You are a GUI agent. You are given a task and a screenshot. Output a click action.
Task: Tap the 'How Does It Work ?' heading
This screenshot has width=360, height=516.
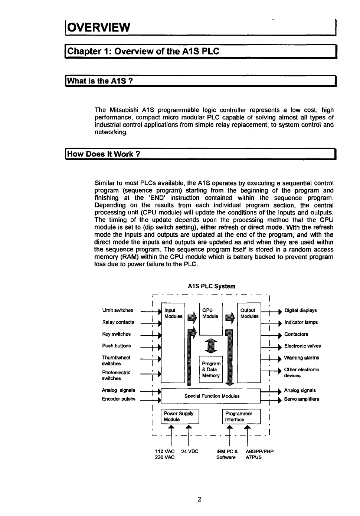pyautogui.click(x=104, y=154)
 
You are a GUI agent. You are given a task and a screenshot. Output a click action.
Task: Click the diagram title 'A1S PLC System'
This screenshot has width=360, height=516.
pyautogui.click(x=212, y=286)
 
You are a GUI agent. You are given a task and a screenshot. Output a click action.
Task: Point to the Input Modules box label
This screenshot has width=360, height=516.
pyautogui.click(x=173, y=313)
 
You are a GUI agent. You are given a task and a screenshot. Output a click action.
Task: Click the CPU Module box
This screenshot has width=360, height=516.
pyautogui.click(x=210, y=318)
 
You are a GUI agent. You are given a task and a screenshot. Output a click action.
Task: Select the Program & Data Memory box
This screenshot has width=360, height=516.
pyautogui.click(x=211, y=369)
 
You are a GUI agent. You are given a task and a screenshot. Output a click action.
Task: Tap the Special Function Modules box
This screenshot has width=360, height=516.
pyautogui.click(x=212, y=396)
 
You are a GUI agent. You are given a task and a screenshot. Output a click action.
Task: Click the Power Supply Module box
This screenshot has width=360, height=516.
pyautogui.click(x=180, y=417)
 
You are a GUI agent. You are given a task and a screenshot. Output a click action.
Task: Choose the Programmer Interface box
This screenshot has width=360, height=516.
pyautogui.click(x=241, y=417)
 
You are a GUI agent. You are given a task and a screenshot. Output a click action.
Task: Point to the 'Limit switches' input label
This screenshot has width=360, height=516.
pyautogui.click(x=118, y=310)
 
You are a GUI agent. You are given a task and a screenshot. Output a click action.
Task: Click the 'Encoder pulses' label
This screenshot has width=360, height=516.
pyautogui.click(x=119, y=399)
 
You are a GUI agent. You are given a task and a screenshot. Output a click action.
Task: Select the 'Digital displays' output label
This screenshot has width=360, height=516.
pyautogui.click(x=301, y=310)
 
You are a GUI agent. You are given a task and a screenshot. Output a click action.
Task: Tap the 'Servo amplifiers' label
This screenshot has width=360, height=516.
pyautogui.click(x=301, y=399)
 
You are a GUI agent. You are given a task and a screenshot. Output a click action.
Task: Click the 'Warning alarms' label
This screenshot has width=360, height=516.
pyautogui.click(x=301, y=358)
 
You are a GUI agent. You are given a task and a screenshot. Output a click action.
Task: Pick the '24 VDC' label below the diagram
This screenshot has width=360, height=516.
pyautogui.click(x=190, y=451)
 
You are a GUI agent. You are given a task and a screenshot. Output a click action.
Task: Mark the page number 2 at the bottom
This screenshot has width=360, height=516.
pyautogui.click(x=199, y=499)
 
